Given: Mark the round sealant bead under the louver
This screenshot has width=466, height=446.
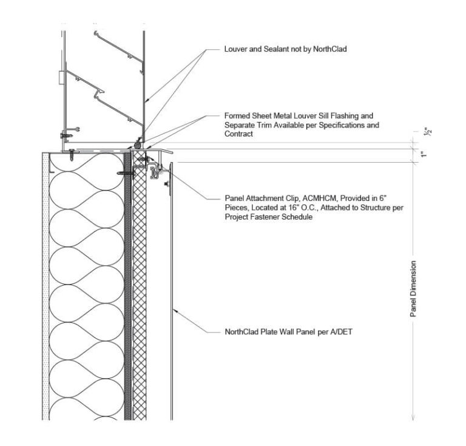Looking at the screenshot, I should coord(139,145).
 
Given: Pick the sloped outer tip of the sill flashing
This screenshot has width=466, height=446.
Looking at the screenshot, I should coord(171,151).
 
